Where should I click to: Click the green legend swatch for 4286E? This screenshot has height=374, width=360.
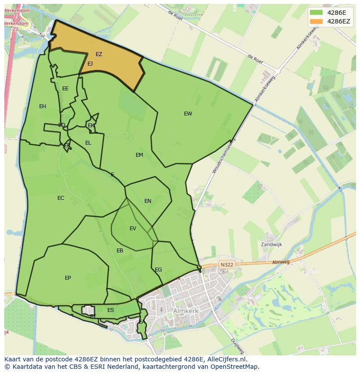[x=317, y=12]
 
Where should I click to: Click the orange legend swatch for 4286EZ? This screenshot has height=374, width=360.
[x=317, y=21]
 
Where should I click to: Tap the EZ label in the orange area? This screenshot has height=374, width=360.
[x=99, y=54]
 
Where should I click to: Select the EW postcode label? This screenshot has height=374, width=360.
[x=188, y=114]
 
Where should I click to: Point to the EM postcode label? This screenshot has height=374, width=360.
[x=139, y=155]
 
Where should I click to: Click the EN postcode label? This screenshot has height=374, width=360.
[x=148, y=201]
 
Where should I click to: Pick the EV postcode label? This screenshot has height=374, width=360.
[x=133, y=228]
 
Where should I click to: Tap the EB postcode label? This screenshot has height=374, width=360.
[x=120, y=251]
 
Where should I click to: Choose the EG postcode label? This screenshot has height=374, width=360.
[x=158, y=270]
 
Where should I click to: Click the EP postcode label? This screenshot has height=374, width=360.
[x=68, y=278]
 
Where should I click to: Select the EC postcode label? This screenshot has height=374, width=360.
[x=60, y=198]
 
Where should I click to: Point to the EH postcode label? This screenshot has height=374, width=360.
[x=43, y=106]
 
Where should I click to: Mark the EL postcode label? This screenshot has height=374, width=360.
[x=88, y=143]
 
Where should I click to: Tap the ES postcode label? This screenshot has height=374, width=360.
[x=110, y=310]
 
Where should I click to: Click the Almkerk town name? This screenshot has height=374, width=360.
[x=186, y=311]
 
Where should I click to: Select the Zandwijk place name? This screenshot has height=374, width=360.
[x=271, y=245]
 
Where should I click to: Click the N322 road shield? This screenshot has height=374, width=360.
[x=227, y=264]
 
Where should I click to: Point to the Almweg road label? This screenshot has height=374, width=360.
[x=280, y=262]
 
